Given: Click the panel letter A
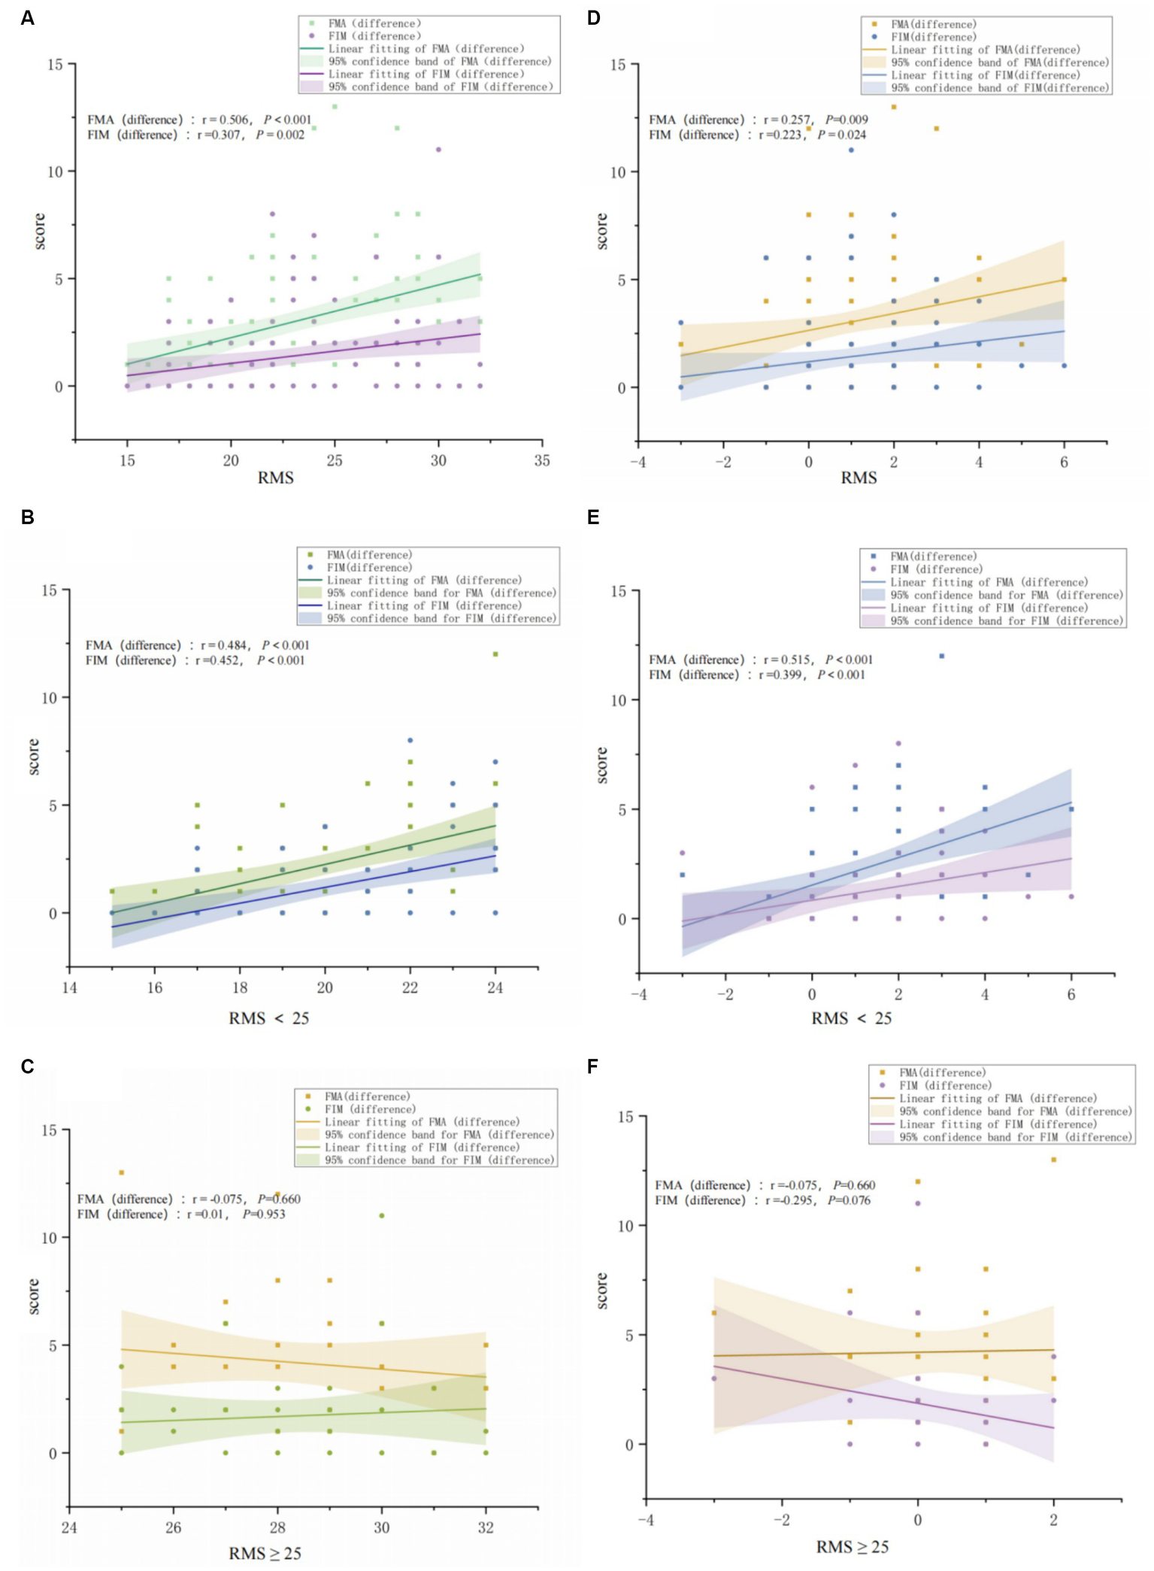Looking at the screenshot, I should coord(28,18).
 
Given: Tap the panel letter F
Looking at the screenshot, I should coord(593,1066).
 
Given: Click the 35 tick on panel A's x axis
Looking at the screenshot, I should coord(541,461).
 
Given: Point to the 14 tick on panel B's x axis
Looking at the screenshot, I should coord(69,987).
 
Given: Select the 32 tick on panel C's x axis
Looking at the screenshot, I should coord(486,1527).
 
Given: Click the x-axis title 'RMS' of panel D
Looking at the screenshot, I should coord(859,478).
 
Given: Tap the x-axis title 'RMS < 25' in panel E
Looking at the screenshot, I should coord(851,1018).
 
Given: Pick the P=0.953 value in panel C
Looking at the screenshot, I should coord(264,1214).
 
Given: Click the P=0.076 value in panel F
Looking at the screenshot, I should coord(849,1200).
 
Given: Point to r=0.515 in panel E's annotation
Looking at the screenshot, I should coord(786,660).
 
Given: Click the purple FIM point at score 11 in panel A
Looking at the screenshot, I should coord(438,150).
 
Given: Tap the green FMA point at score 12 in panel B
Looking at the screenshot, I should coord(495,654).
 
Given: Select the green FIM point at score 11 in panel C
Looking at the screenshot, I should coord(382,1215).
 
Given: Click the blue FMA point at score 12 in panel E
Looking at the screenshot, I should coord(941,657).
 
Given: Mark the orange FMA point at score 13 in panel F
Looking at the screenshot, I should coord(1053,1160).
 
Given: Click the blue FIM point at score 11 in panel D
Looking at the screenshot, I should coord(851,150).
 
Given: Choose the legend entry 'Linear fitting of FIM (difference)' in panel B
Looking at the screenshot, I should coord(424,605).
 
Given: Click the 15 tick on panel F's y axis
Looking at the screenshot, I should coord(625,1117).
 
